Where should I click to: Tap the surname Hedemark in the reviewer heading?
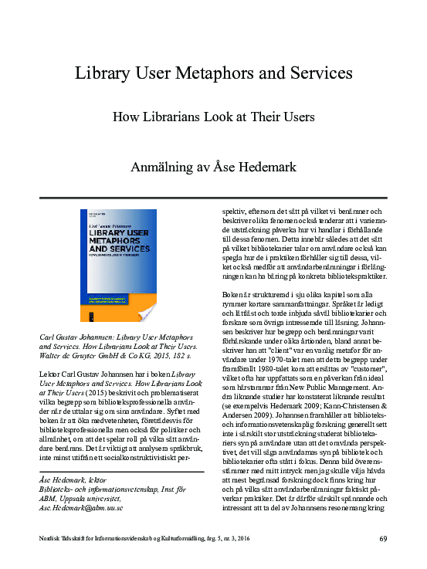point(287,166)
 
